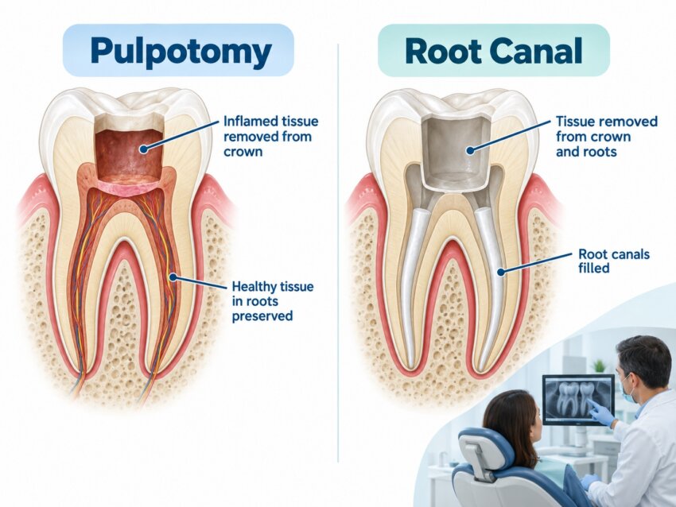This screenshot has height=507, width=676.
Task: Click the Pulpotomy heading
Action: tap(181, 52)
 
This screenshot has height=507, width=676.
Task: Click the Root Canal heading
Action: tap(494, 51)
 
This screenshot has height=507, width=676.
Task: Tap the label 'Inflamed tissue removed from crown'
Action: tap(270, 136)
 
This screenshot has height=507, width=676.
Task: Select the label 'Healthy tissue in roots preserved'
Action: tap(273, 301)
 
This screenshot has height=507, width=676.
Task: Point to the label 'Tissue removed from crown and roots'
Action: tap(607, 136)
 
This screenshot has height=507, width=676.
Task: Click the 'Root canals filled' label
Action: tap(613, 261)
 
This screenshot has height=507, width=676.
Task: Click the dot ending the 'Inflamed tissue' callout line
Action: tap(144, 149)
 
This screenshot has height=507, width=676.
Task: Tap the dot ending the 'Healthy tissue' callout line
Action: tap(173, 277)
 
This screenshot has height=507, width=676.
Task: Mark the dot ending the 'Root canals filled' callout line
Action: tap(500, 272)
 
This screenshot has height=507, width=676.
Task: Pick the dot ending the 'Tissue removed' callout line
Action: tap(471, 150)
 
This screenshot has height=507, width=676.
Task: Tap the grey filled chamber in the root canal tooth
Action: tap(455, 153)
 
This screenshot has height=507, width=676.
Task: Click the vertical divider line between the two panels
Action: tap(338, 253)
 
